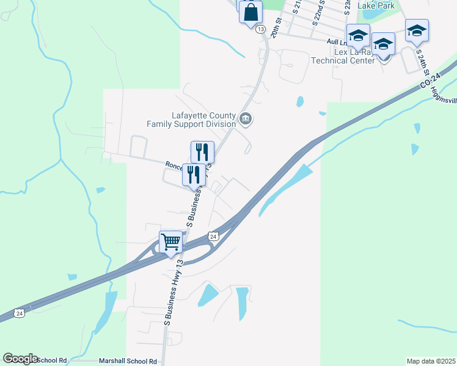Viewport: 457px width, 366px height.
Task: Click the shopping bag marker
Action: [x=250, y=12]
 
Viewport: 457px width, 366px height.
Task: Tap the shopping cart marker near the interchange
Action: [x=171, y=242]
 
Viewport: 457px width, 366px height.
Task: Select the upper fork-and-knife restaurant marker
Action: [x=202, y=152]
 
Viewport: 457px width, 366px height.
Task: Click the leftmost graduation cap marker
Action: [x=358, y=35]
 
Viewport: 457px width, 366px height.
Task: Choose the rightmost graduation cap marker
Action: [x=417, y=30]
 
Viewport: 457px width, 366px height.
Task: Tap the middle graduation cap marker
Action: [x=383, y=43]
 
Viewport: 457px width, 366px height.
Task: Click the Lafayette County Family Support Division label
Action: [x=191, y=120]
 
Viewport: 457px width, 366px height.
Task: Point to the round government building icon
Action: [x=246, y=119]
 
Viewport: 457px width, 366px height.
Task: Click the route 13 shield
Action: [x=261, y=29]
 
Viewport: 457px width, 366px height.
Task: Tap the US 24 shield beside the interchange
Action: [x=213, y=236]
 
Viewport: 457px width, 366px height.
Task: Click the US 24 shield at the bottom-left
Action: [x=20, y=314]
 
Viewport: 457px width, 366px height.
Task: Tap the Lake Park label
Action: [x=376, y=5]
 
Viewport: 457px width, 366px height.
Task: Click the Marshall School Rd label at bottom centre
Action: [x=131, y=361]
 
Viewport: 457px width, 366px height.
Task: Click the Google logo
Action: [x=20, y=359]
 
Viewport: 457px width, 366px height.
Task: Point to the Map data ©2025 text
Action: [x=431, y=361]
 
